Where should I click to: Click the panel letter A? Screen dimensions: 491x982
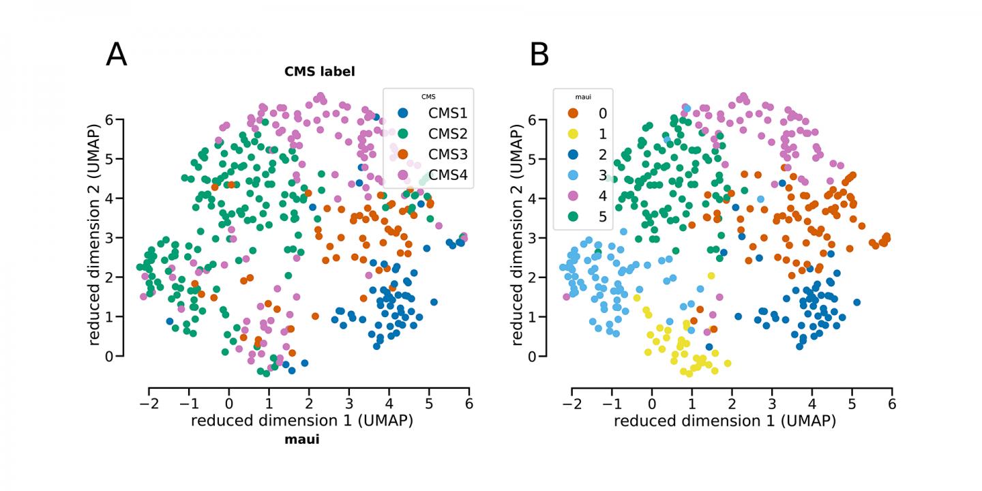117,55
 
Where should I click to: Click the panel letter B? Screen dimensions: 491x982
539,55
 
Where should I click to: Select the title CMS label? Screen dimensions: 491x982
320,71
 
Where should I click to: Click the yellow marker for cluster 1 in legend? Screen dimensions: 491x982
573,134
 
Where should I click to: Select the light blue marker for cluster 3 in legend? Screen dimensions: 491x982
573,175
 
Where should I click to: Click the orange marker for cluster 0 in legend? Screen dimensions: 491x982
573,113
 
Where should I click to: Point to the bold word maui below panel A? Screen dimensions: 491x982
301,440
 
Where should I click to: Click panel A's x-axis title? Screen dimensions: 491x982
301,421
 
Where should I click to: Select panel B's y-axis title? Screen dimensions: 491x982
519,237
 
